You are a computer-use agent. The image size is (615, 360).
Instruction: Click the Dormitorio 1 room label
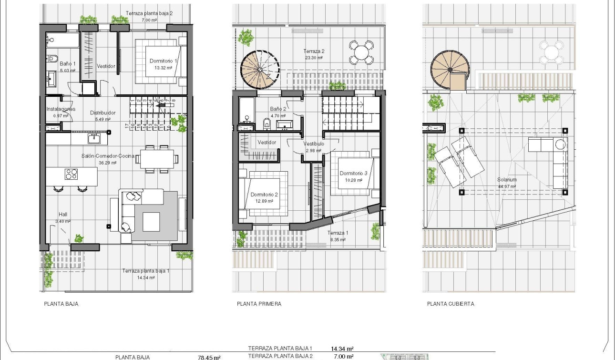163,61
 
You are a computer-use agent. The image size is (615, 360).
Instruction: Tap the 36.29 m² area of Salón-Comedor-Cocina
107,163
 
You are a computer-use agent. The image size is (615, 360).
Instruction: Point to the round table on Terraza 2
361,52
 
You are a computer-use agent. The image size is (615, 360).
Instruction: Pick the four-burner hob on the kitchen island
71,174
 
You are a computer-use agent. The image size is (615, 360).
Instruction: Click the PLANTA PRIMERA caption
259,304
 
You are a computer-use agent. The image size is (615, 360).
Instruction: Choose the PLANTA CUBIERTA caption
451,304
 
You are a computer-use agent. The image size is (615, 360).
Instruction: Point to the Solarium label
507,180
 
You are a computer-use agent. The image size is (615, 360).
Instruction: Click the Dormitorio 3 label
353,174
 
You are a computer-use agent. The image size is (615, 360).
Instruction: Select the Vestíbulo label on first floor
314,144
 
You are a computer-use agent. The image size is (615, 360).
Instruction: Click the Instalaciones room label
61,109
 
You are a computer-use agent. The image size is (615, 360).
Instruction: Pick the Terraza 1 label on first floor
338,233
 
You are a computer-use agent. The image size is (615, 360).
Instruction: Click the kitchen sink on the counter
93,138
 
